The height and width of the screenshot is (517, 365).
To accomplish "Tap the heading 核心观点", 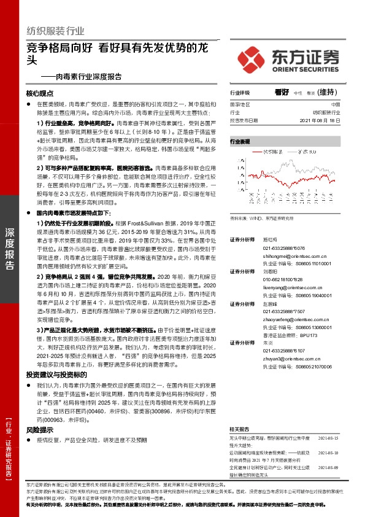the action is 40,94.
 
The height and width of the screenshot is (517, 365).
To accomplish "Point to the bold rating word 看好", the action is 282,92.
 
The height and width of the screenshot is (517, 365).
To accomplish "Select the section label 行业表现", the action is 240,142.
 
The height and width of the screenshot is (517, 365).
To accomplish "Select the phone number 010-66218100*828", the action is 283,280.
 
